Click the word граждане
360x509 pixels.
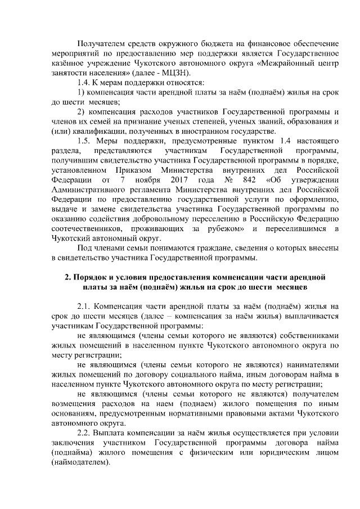coord(215,247)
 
